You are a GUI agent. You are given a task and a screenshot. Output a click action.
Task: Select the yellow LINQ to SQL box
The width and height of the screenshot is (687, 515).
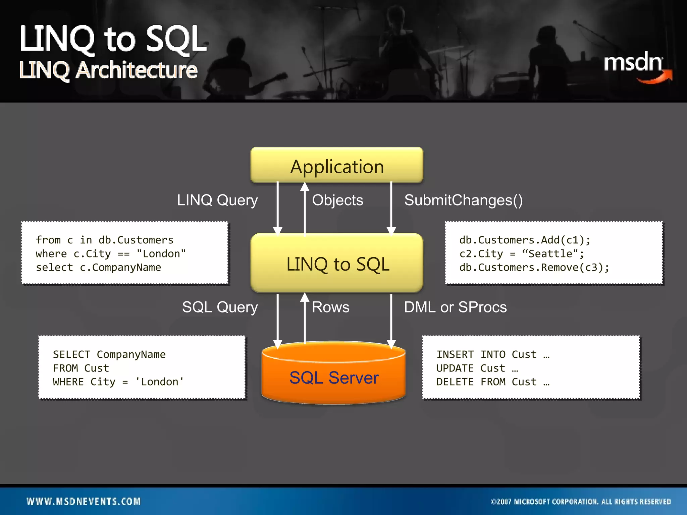pos(337,264)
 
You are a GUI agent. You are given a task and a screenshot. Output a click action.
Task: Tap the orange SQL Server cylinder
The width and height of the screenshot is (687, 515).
pos(334,377)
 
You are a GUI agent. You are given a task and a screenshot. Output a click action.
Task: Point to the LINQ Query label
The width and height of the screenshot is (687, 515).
pos(217,200)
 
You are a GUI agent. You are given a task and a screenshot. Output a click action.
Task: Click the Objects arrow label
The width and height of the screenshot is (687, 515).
pos(337,200)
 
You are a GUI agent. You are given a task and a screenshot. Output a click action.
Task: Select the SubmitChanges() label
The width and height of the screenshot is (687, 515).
pos(463,200)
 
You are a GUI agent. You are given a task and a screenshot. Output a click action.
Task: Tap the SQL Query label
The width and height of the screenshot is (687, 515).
pos(220,307)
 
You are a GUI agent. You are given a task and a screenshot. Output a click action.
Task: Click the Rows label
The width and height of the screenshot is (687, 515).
pos(330,307)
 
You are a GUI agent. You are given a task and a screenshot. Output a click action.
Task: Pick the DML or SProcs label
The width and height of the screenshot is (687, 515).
pos(455,307)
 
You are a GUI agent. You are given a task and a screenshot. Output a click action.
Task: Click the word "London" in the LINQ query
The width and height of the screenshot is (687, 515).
pos(161,254)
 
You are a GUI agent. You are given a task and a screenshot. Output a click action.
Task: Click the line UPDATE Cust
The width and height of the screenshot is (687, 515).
pos(476,368)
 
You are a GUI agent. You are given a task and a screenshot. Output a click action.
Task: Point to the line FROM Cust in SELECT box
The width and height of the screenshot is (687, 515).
pos(81,368)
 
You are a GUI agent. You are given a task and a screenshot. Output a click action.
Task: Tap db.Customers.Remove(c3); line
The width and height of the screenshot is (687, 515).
pos(534,268)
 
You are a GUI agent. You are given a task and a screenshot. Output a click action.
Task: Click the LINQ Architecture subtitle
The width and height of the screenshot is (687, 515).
pos(108,70)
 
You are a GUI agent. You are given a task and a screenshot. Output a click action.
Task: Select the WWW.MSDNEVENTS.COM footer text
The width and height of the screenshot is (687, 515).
pos(84,501)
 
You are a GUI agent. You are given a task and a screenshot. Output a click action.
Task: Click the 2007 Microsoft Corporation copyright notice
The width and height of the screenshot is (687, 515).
pos(581,502)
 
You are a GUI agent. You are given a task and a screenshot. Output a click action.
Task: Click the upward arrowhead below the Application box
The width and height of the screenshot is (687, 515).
pos(305,186)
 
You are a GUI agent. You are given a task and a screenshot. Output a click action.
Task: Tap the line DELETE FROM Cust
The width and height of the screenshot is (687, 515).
pos(492,382)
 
